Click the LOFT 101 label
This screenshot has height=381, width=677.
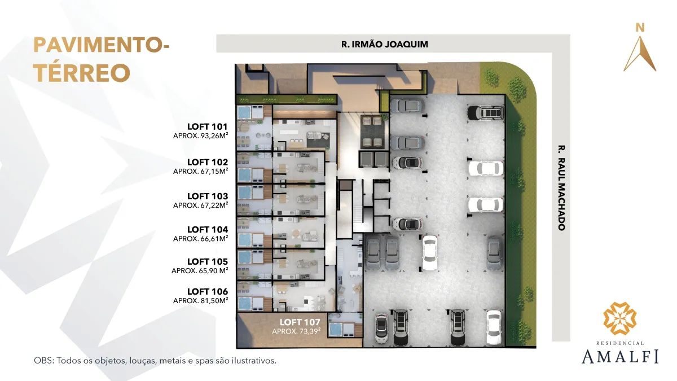pos(208,126)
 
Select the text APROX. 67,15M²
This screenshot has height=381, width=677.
pos(200,171)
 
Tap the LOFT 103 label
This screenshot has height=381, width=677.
pos(208,196)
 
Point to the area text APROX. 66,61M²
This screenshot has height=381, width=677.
pos(200,239)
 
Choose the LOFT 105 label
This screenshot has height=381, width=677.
pos(208,261)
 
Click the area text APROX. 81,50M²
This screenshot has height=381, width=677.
pos(200,300)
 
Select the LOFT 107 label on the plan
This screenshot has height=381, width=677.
pos(300,322)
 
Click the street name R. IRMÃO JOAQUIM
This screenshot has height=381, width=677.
pos(384,45)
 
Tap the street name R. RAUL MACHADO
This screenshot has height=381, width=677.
pos(561,188)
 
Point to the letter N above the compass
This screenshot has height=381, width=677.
pos(640,28)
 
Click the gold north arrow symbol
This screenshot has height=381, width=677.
pos(640,54)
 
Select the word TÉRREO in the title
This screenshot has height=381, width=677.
pos(82,73)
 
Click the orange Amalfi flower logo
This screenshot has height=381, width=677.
pos(620,318)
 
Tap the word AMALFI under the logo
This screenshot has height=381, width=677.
pos(620,356)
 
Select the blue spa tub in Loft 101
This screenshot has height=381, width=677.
pos(244,112)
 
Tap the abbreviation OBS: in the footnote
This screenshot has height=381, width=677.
pos(44,361)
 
